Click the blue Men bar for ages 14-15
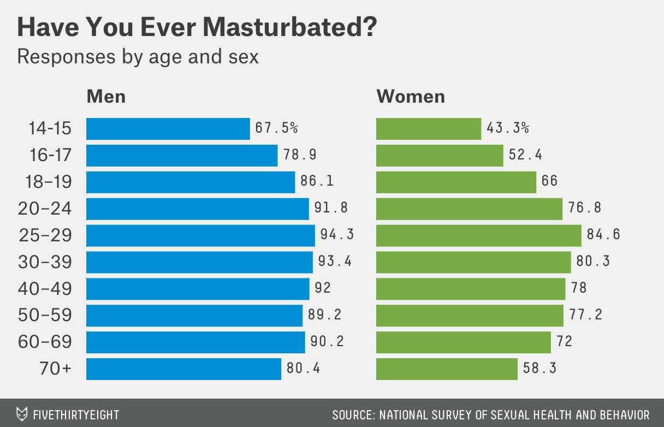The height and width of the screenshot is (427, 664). coord(168,129)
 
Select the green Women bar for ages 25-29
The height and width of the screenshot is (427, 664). coord(478,235)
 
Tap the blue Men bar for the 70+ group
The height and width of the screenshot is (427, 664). coord(183,369)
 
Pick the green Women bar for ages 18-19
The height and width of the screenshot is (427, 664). coord(456,182)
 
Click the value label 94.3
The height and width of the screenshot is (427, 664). coord(337,235)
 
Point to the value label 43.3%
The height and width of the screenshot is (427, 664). coord(508,129)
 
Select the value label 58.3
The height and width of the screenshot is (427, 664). coord(540,369)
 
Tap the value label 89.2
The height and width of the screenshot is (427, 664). coord(326,315)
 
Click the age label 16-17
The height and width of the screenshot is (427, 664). coord(49,156)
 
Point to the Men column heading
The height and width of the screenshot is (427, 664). coord(106,97)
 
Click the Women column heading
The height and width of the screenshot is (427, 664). coord(411,97)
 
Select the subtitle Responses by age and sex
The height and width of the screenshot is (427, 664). coord(138,56)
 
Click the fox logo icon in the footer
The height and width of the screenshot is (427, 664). coord(22,414)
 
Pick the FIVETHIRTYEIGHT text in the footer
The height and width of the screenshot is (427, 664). coord(76,414)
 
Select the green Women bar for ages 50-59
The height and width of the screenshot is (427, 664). coord(470,315)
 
